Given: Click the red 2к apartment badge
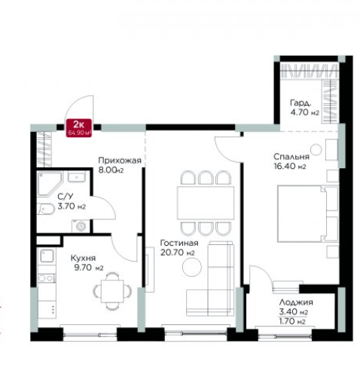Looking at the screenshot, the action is coord(79,128).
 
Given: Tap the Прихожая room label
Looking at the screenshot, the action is coord(120,161).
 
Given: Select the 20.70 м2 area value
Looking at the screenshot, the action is coord(178,253).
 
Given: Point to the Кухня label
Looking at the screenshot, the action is coord(83,258).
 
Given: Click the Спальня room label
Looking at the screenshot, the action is coord(291,157).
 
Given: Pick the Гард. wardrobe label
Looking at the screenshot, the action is coord(301,103).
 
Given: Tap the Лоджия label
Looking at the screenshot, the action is coord(296,302).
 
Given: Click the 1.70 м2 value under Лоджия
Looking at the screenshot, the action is coord(292,321).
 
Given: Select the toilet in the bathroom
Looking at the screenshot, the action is coord(46,209).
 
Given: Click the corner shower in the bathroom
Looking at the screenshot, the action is coord(50,184).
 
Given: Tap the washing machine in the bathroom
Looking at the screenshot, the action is coord(81,226).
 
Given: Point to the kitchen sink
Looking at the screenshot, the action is coord(47,256).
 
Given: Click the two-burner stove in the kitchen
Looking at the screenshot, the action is coord(47,278).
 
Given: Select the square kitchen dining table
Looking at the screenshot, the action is coord(112,291).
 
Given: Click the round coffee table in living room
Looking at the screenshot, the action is coord(192,267).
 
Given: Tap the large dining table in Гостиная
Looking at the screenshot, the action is coord(206,203).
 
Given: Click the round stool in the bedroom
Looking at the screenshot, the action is coord(316,149).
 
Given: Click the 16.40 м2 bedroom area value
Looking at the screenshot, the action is coord(290,167).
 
